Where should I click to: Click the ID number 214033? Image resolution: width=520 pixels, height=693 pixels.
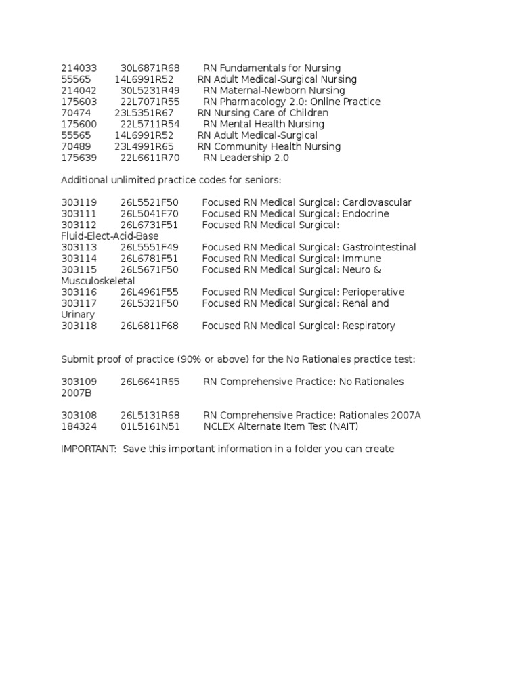click(x=79, y=68)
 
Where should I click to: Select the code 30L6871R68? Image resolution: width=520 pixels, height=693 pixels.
click(x=150, y=68)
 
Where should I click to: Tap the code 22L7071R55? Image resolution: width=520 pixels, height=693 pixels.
click(x=150, y=102)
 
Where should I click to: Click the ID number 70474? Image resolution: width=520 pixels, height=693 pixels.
click(x=76, y=113)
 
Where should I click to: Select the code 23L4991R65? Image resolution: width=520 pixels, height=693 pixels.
click(x=144, y=147)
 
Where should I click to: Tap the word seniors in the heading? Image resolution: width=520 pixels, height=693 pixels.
click(x=260, y=180)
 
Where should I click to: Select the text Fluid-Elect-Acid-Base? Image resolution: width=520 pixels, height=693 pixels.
click(x=110, y=236)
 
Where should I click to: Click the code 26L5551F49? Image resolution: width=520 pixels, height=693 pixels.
click(x=150, y=248)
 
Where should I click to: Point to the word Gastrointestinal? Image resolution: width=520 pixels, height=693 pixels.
click(x=379, y=248)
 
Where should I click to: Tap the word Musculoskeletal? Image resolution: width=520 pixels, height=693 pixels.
click(x=97, y=281)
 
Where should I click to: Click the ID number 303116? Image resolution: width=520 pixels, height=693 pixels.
click(x=79, y=292)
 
